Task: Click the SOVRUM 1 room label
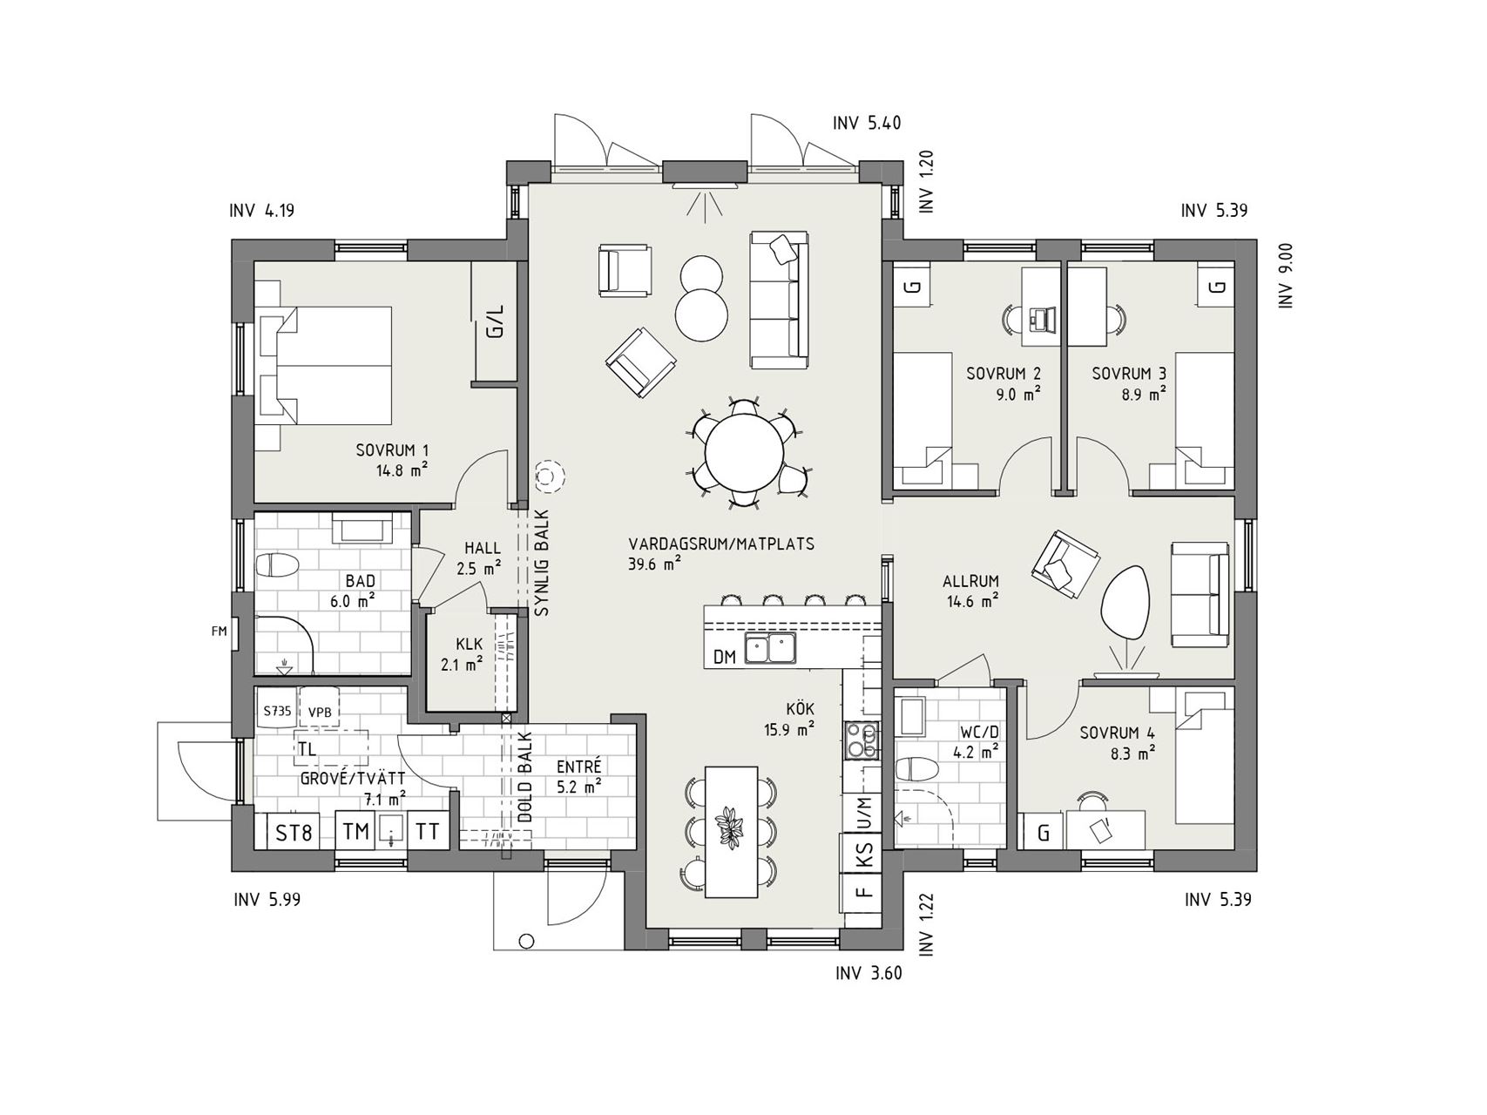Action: coord(392,450)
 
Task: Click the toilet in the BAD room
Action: coord(277,565)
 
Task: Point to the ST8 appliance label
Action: coord(294,833)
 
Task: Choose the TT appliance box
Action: coord(428,831)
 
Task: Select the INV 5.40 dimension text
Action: coord(866,123)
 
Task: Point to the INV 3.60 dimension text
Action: coord(868,973)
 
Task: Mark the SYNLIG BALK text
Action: coord(542,563)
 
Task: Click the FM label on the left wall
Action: coord(218,632)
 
